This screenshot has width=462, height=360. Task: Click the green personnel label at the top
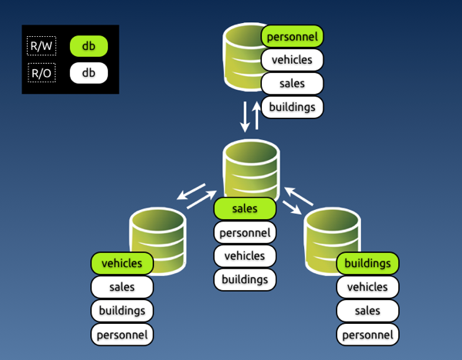(x=292, y=35)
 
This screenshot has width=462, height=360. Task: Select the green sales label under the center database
(x=244, y=208)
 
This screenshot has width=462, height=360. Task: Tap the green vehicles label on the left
(x=122, y=263)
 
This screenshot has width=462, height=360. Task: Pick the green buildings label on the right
(x=367, y=263)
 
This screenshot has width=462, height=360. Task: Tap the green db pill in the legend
(x=89, y=46)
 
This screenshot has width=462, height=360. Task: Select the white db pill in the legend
(x=89, y=73)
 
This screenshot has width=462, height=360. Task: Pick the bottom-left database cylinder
(x=158, y=235)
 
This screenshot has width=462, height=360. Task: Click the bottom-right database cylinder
(x=332, y=235)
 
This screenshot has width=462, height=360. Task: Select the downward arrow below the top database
(x=245, y=115)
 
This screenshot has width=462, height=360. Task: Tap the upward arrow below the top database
(x=256, y=115)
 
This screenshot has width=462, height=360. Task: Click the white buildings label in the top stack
(x=292, y=107)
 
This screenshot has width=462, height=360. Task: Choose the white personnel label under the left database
(x=122, y=335)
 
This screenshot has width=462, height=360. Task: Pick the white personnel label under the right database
(x=367, y=335)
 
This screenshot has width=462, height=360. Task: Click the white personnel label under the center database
(x=244, y=232)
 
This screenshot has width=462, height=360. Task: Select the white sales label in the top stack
(x=292, y=83)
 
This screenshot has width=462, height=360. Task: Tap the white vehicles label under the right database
(x=367, y=287)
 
